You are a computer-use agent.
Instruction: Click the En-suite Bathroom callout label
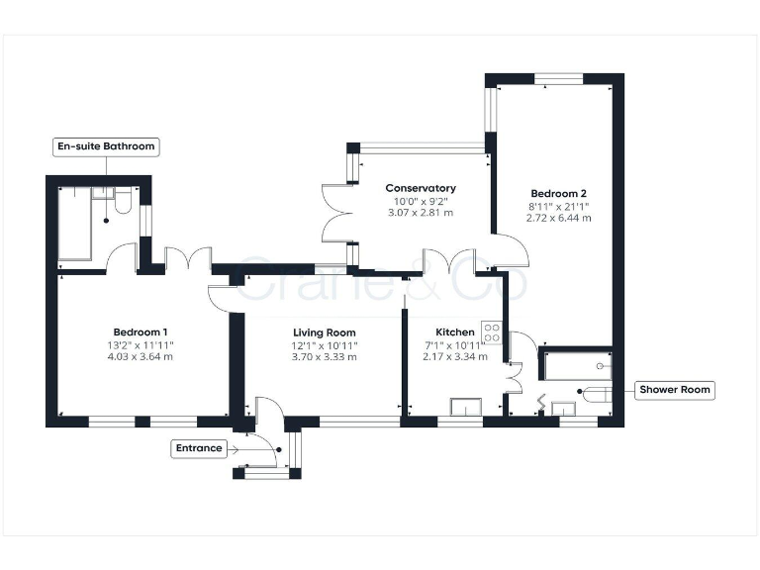[106, 146]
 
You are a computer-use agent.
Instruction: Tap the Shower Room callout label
[675, 390]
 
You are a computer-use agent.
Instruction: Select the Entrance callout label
[199, 448]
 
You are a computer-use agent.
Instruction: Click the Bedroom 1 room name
[140, 332]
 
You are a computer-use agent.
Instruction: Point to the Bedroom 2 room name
[559, 193]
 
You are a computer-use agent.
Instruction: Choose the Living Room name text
[325, 332]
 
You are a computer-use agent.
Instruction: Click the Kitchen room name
[455, 332]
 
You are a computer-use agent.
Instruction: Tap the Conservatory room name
[421, 188]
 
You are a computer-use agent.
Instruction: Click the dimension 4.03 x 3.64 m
[140, 356]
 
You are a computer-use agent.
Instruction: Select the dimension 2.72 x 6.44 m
[559, 218]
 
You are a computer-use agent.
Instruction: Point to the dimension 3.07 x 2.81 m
[421, 213]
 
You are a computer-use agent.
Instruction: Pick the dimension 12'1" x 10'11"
[325, 344]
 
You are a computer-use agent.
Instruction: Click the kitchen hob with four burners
[492, 333]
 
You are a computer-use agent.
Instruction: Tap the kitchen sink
[465, 406]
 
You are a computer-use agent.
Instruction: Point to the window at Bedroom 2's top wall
[559, 78]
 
